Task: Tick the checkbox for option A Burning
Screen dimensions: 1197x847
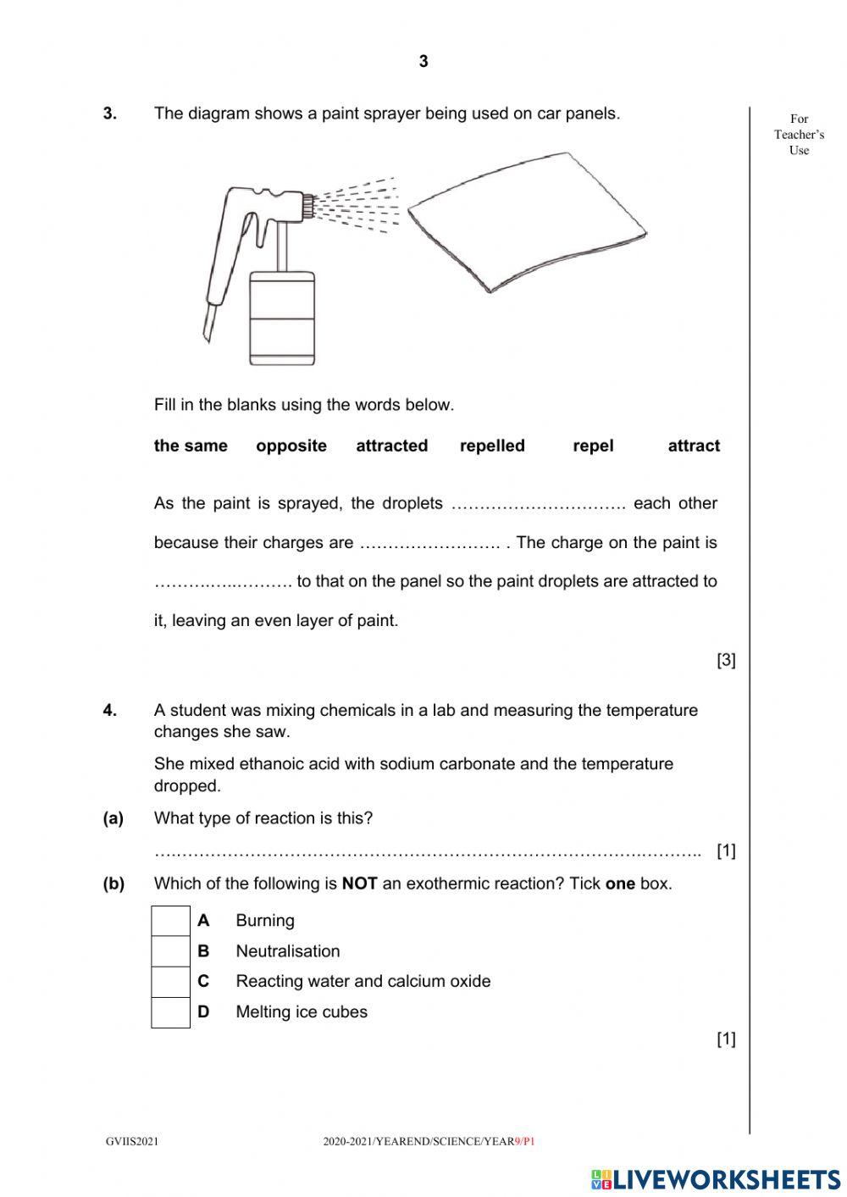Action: [170, 921]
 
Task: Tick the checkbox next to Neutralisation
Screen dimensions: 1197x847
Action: [170, 951]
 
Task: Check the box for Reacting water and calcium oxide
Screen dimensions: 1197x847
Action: [170, 982]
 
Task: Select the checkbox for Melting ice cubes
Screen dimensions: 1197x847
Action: [170, 1012]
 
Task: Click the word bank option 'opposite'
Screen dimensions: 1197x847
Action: [291, 446]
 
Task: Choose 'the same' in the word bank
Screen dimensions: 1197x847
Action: [191, 446]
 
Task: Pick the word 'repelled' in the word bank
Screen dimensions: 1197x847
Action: [492, 446]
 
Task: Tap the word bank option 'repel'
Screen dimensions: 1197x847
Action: [593, 446]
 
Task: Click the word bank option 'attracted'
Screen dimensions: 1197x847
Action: [391, 446]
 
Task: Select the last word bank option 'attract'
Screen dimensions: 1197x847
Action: [694, 446]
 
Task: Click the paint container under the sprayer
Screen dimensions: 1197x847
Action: [282, 318]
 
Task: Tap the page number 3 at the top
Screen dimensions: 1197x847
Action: [423, 61]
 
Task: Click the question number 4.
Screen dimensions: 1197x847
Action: [110, 711]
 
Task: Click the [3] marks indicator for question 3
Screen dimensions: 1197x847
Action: [726, 660]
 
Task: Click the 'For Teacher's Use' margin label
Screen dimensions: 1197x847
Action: [799, 135]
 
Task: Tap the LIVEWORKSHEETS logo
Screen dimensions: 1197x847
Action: [716, 1178]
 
